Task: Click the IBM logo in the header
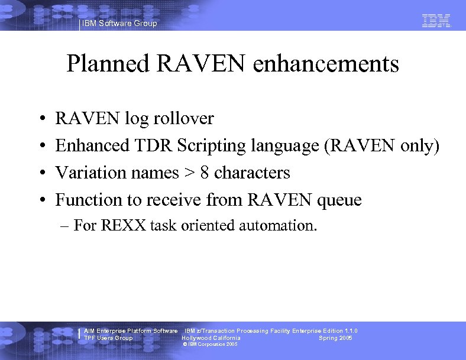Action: point(436,21)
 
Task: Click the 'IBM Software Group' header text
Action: point(120,24)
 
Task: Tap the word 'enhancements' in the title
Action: point(326,64)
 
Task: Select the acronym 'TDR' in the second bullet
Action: point(140,145)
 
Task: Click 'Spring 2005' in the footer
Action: point(335,338)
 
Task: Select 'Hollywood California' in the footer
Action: point(211,338)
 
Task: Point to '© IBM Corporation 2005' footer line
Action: point(211,344)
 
